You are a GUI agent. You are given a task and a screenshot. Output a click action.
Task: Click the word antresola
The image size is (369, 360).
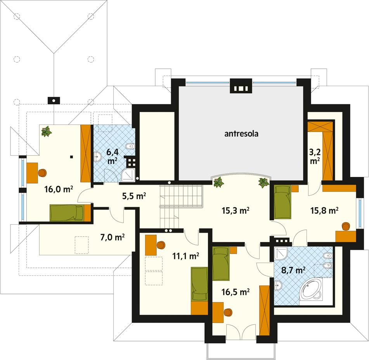pos(241,134)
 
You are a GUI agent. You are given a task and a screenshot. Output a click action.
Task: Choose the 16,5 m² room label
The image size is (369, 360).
pos(236,292)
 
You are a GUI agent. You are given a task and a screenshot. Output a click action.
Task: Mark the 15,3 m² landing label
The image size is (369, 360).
pos(236,211)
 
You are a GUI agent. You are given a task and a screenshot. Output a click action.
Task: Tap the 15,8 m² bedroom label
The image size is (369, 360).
pos(325,211)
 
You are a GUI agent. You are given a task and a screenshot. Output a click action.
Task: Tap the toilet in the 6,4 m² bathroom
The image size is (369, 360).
pos(131,147)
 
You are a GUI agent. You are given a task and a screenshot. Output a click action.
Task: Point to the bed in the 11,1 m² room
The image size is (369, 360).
pos(199,284)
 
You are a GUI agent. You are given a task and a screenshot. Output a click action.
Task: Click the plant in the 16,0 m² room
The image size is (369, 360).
pos(47,132)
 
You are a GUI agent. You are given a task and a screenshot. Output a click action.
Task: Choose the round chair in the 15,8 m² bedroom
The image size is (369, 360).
pos(345,226)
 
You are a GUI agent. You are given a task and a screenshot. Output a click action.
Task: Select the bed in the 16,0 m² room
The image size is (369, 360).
pos(67,213)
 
